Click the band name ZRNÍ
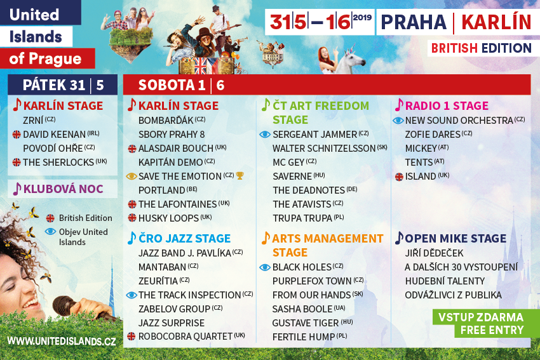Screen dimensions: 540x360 click(x=33, y=121)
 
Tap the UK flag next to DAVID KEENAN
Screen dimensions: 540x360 click(x=17, y=134)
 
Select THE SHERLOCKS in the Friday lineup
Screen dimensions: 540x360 click(x=58, y=162)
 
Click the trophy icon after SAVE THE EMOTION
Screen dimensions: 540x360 click(x=240, y=176)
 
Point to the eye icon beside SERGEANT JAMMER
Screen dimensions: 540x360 click(x=265, y=135)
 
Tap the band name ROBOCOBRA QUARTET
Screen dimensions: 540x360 click(x=186, y=337)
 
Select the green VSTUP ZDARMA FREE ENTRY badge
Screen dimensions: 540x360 click(x=481, y=323)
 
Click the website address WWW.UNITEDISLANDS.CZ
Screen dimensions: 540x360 click(x=61, y=341)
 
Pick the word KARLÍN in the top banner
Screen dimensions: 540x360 click(x=496, y=22)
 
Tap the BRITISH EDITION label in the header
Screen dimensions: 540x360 click(x=481, y=48)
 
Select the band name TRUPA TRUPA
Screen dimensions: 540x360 click(x=302, y=218)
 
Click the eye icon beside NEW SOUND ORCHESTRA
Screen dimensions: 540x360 click(x=398, y=121)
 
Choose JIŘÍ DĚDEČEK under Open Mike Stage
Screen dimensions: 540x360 click(x=435, y=253)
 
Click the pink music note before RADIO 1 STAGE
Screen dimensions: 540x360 click(x=399, y=105)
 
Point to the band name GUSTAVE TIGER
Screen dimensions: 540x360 click(x=306, y=323)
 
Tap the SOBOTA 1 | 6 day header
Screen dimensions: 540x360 click(x=181, y=85)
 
